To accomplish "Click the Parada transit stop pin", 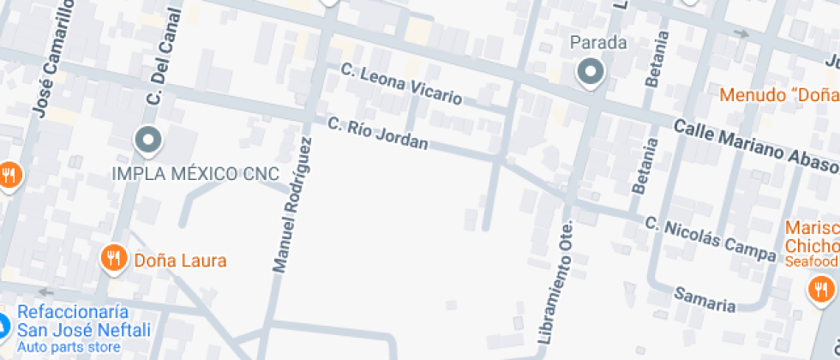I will point(590,72).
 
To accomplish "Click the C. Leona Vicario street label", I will point(401,84).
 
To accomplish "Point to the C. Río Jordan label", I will point(377,133).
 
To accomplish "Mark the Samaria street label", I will point(705,298).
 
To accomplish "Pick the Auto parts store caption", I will point(69,347).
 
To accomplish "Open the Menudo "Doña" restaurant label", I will point(779,94).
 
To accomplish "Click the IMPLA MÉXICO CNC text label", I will point(196,174).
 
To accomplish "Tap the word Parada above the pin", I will point(598,42).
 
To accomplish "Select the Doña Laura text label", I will point(180,259).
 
